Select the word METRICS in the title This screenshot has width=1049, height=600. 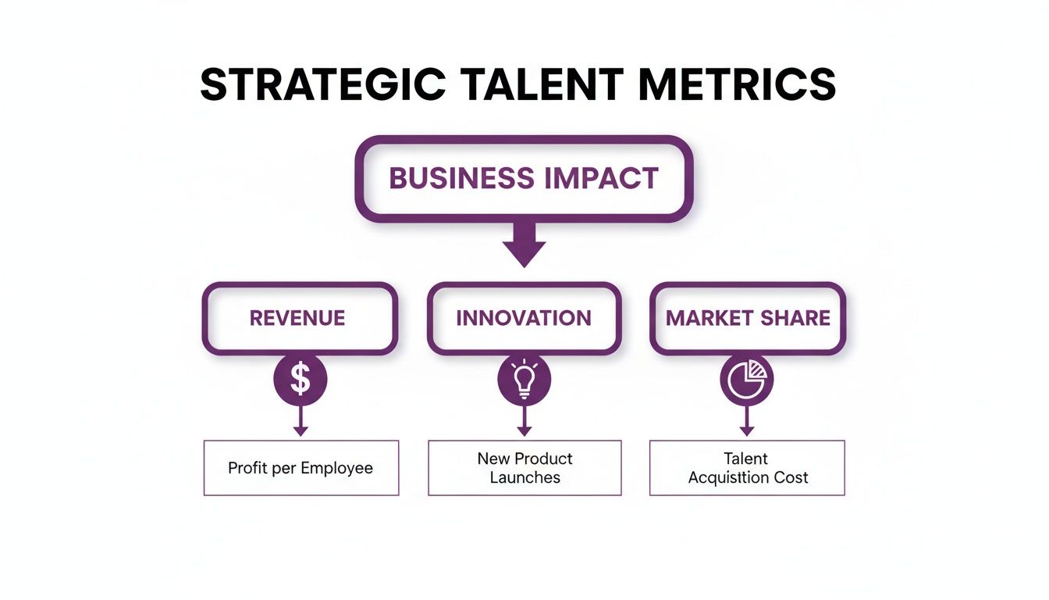tap(737, 85)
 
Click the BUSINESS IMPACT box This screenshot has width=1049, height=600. tap(524, 178)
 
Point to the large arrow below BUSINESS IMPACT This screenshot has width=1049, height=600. tap(524, 245)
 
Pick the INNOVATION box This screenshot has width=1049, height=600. tap(524, 318)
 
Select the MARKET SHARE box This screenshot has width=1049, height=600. tap(748, 318)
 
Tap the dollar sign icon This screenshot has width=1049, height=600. tap(300, 380)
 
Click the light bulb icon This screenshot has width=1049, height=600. tap(524, 380)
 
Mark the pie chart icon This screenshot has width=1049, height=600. tap(747, 380)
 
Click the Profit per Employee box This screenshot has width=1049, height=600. tap(300, 468)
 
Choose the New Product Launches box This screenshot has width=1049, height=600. tap(524, 468)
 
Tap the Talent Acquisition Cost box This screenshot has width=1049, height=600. tap(747, 468)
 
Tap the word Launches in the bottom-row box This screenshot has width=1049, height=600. tap(525, 477)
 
